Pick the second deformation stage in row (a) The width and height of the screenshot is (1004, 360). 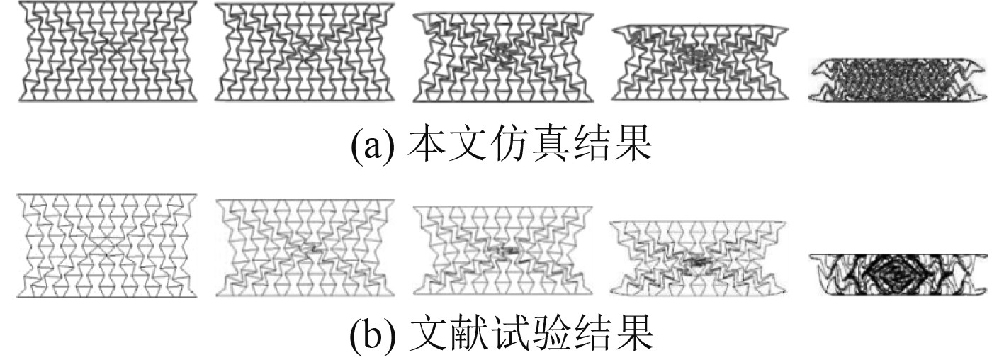pos(304,53)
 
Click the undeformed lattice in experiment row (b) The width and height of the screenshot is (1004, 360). pos(107,244)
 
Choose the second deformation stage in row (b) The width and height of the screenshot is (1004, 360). pos(304,245)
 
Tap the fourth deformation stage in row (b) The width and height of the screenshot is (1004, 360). pos(698,257)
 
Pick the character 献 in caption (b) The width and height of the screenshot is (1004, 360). pos(468,339)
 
